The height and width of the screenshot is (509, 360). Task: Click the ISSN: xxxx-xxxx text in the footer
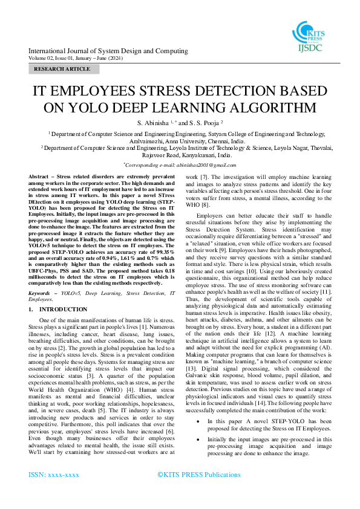(54, 475)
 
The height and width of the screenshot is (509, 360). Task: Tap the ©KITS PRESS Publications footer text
(198, 475)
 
